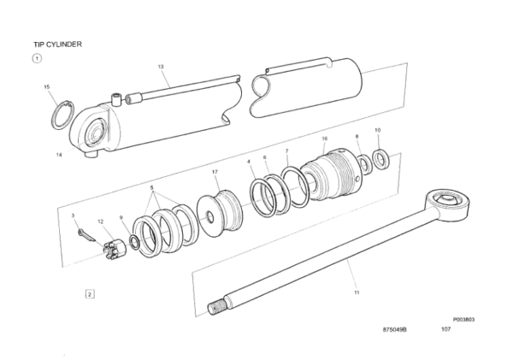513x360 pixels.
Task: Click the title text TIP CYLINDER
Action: pos(57,44)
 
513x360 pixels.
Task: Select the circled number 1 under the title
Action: pos(37,59)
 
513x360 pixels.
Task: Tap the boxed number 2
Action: pos(90,294)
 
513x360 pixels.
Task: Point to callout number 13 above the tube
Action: pos(161,67)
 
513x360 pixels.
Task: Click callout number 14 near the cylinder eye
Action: pos(59,155)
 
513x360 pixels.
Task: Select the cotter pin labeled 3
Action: pos(85,236)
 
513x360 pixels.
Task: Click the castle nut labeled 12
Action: pos(115,250)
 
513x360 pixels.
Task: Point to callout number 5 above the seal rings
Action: pos(152,188)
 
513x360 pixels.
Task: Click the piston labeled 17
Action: pos(220,214)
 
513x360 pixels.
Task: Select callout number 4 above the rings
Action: pos(249,162)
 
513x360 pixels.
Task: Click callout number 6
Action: pos(265,157)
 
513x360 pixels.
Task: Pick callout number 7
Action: pos(287,150)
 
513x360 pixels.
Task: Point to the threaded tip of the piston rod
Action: pos(215,309)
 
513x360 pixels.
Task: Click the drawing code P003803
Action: pos(463,320)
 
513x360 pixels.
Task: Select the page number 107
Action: pos(446,329)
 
